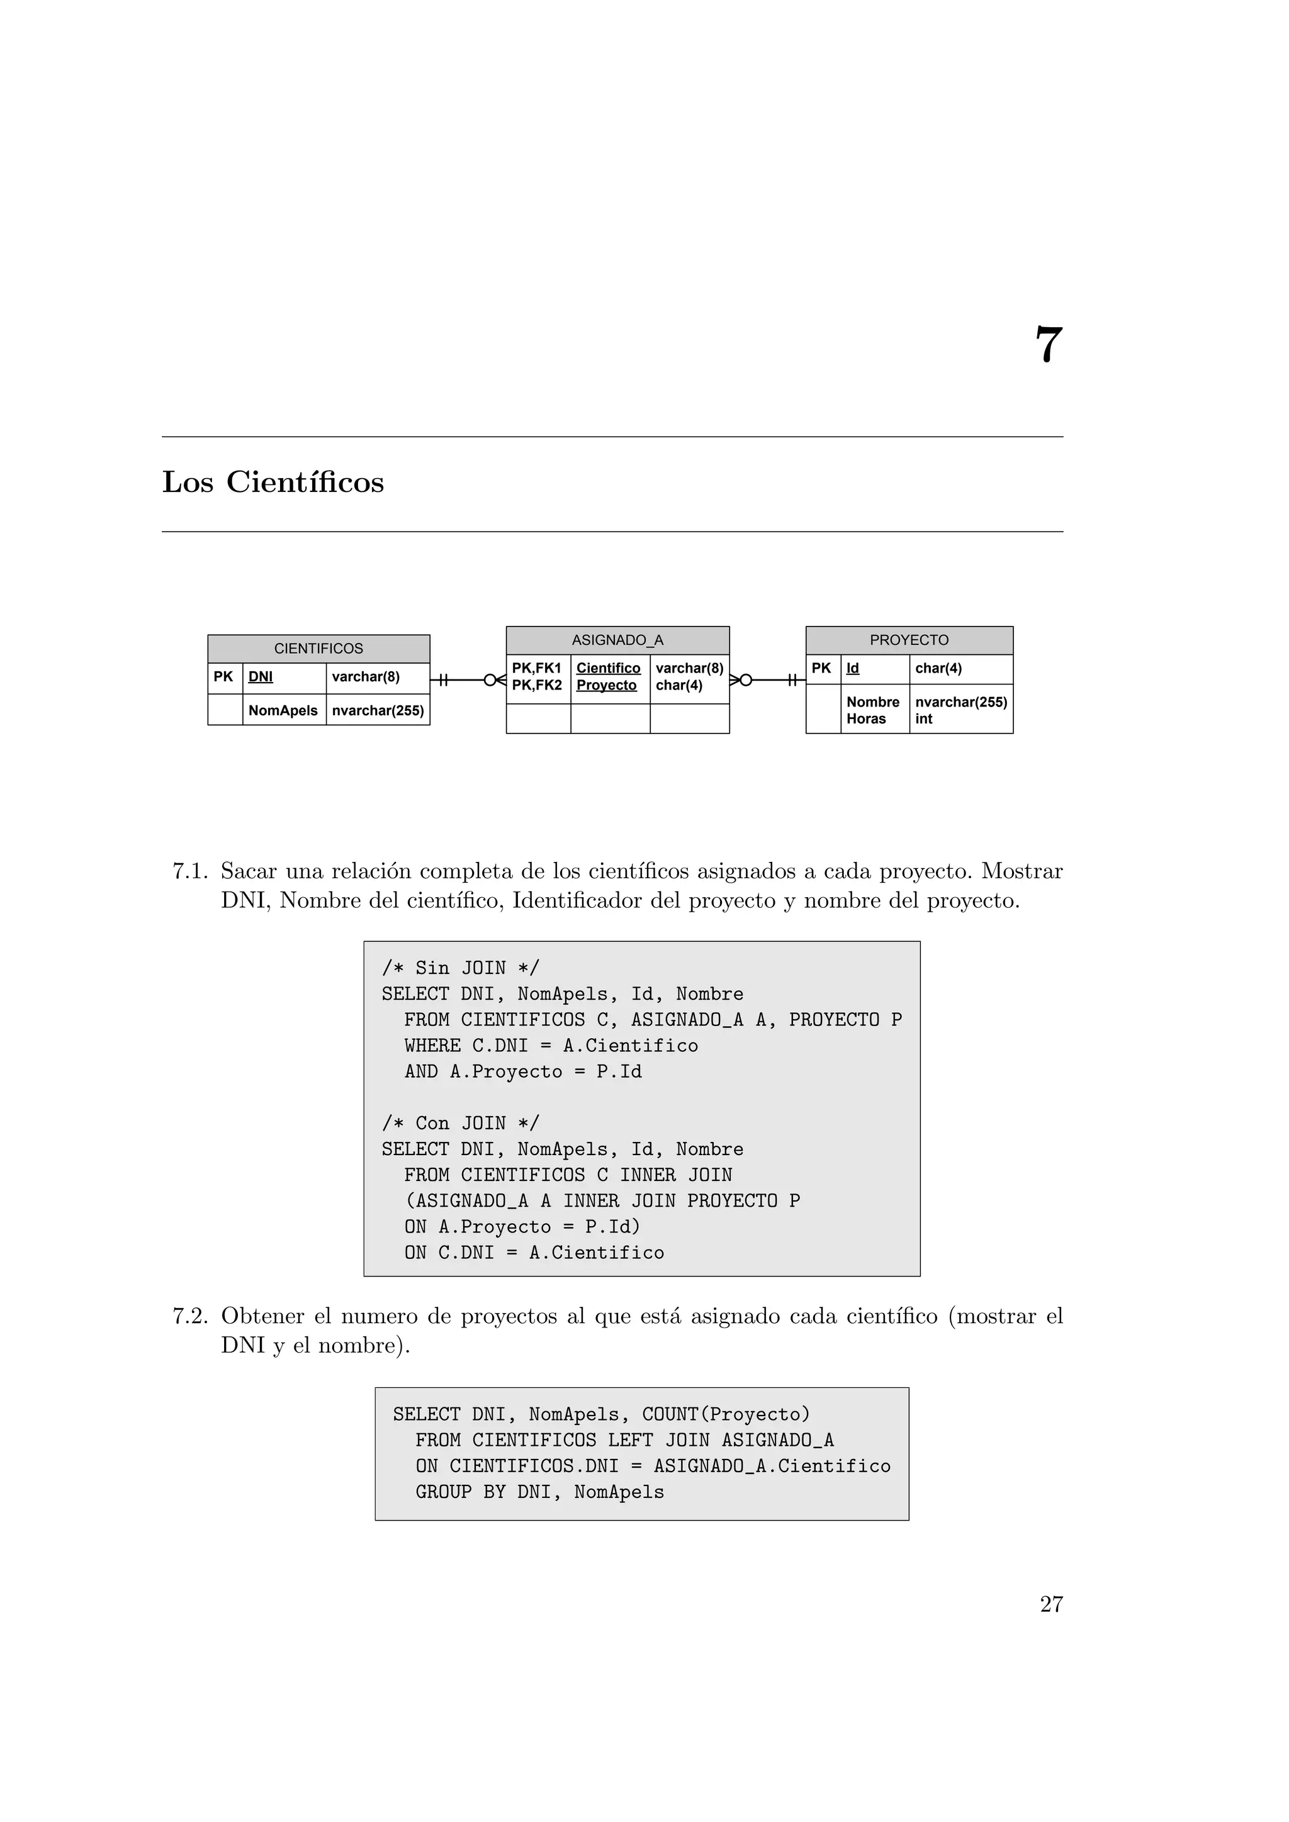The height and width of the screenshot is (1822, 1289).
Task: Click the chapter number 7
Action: [1048, 345]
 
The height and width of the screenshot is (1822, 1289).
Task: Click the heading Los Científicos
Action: [273, 483]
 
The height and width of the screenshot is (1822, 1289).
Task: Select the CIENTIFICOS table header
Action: [318, 649]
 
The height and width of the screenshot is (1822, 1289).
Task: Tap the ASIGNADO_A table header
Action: [617, 640]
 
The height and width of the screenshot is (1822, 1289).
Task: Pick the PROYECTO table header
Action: [909, 640]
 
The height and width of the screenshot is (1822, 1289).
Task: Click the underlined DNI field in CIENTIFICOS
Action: [261, 677]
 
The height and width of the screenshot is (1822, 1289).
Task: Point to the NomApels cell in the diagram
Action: [283, 710]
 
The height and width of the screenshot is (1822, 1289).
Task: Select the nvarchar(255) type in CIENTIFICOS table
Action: [378, 710]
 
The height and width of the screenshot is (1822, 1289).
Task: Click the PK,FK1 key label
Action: [536, 668]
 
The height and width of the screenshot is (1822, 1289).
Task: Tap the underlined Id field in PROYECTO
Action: [852, 668]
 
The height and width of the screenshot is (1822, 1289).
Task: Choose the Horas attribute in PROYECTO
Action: [866, 719]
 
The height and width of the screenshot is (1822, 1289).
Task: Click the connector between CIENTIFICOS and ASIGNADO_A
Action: [468, 680]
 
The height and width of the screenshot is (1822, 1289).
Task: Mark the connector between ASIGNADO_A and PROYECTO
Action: [767, 680]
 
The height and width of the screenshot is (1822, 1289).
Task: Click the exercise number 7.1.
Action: [189, 871]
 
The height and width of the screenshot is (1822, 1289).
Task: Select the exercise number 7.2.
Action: [189, 1317]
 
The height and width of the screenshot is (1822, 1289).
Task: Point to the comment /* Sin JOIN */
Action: [460, 968]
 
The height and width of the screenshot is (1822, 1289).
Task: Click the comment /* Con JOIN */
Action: [460, 1123]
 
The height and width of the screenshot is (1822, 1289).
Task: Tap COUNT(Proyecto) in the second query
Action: [726, 1414]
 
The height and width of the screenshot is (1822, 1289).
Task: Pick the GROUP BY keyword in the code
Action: [460, 1492]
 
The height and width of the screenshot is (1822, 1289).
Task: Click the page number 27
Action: [1051, 1604]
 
